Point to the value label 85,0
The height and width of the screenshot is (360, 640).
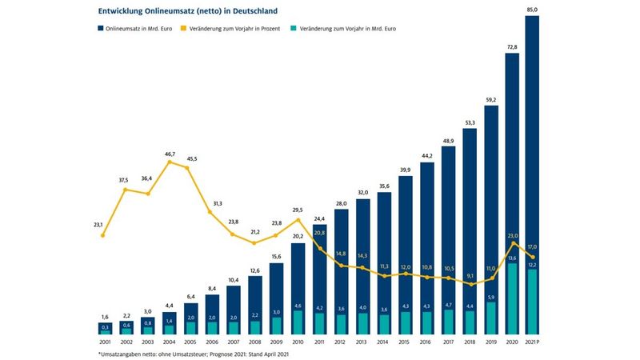click(x=533, y=9)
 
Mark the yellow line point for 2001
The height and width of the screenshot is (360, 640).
click(x=102, y=235)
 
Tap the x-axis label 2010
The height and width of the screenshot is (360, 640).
click(x=298, y=342)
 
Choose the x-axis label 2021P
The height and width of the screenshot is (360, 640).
click(x=534, y=342)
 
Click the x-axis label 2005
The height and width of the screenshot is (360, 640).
click(x=190, y=342)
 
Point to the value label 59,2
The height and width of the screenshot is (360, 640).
click(x=490, y=99)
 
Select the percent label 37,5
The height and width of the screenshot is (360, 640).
click(x=124, y=180)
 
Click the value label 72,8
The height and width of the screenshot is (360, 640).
click(x=512, y=47)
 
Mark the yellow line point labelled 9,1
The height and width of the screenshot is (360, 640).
click(x=470, y=285)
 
